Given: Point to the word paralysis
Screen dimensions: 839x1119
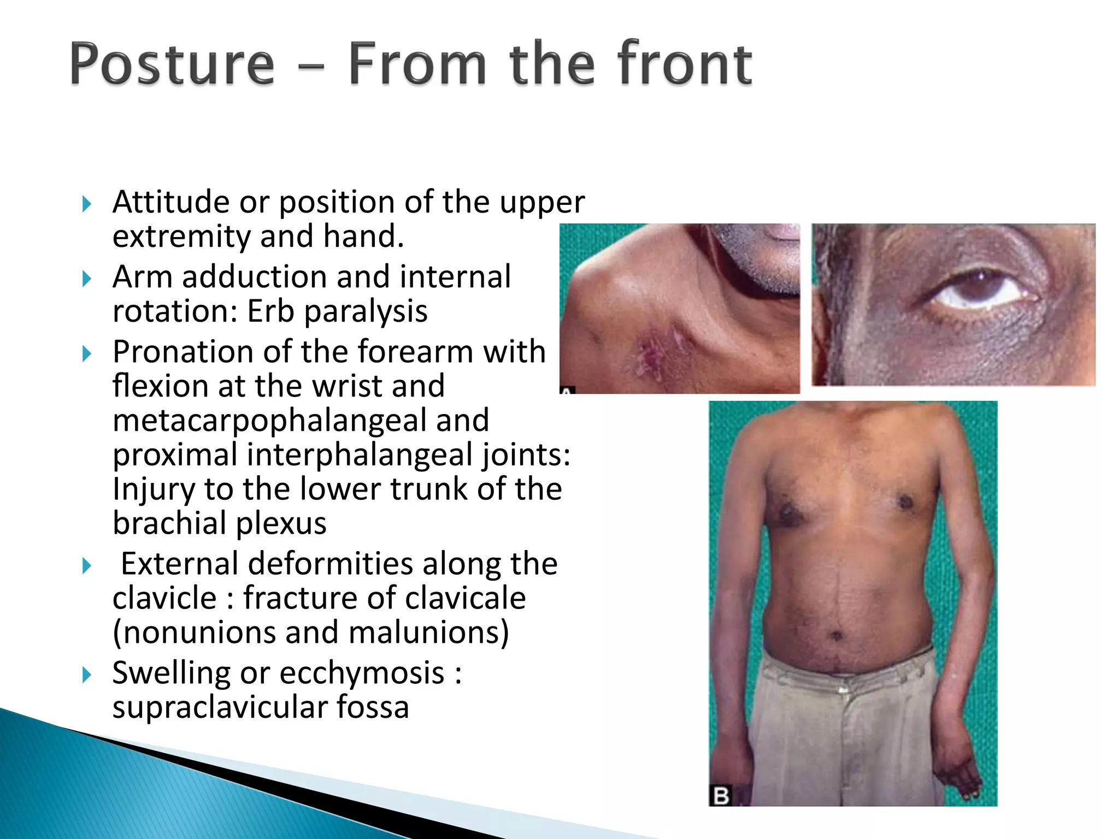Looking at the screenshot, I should coord(366,312).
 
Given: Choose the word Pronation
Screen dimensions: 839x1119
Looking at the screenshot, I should coord(184,352).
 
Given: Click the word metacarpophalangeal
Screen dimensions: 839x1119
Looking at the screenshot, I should coord(301,421).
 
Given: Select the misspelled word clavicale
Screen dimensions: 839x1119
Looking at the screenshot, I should coord(384,598).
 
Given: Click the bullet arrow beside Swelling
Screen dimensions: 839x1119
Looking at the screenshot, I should coord(86,675).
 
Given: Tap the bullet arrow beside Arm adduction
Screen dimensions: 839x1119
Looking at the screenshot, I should coord(86,279).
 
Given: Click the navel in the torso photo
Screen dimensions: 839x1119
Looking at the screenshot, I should coord(836,635).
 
